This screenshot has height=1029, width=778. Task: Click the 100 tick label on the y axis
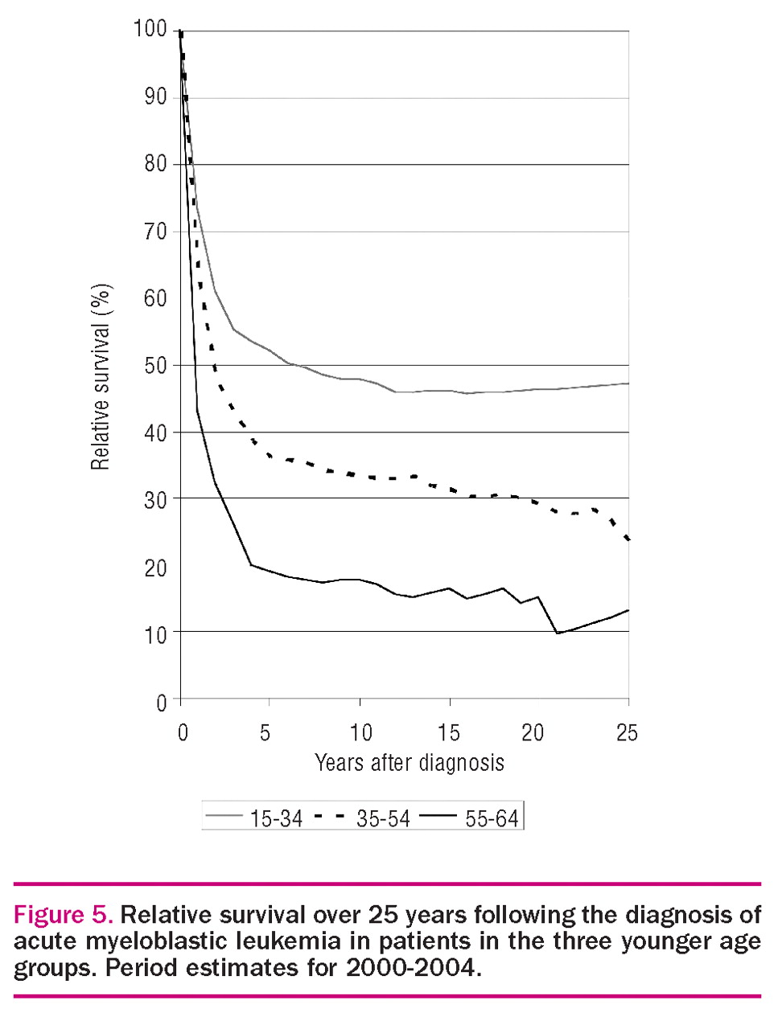point(150,30)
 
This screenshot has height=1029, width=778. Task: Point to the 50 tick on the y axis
point(155,365)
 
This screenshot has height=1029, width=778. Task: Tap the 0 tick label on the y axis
point(161,702)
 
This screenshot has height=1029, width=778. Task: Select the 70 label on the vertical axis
point(155,232)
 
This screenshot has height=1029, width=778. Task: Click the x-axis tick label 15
point(448,732)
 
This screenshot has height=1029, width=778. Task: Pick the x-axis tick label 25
point(627,732)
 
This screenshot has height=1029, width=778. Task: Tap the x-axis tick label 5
point(265,732)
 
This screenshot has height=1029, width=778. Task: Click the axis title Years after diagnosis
point(409,762)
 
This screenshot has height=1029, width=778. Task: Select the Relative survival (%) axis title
point(101,377)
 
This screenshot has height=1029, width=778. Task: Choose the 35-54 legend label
point(383,818)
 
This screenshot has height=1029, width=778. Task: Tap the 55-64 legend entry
point(492,818)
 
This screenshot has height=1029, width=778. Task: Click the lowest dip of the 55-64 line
point(557,633)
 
